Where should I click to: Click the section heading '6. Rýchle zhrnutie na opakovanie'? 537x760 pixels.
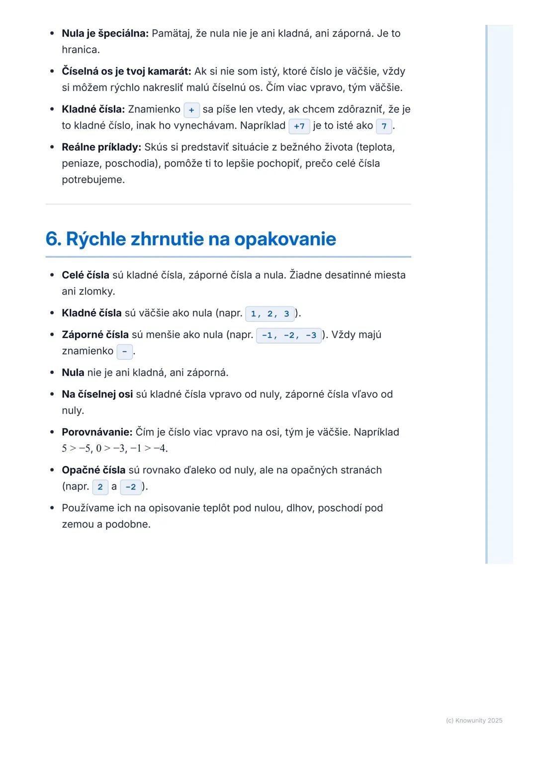[190, 239]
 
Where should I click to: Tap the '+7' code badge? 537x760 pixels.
[299, 126]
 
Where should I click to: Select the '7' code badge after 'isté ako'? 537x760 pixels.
[384, 126]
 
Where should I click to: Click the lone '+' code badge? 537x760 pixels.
[191, 110]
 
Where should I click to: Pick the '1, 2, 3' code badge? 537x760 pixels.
[269, 314]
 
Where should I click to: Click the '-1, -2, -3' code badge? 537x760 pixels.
[289, 335]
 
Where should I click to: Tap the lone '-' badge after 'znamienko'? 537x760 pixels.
[124, 352]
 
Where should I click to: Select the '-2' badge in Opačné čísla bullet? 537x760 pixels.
[131, 487]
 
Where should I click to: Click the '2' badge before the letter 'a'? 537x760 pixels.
[100, 487]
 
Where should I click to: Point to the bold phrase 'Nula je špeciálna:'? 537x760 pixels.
[105, 33]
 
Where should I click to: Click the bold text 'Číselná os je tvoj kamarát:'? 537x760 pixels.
[126, 71]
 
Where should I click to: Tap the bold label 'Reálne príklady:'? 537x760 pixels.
[101, 147]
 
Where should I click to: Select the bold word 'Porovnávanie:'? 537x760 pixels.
[97, 432]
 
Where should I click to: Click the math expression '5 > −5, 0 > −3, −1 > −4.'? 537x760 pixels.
[114, 449]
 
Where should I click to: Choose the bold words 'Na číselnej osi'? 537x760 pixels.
[97, 394]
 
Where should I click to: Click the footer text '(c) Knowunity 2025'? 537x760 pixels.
[474, 721]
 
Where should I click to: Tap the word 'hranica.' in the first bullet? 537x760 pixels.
[81, 50]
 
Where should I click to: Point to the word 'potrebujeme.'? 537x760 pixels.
[93, 180]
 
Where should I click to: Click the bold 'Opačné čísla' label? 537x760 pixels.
[93, 470]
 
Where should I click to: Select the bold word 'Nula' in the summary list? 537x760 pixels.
[73, 373]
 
